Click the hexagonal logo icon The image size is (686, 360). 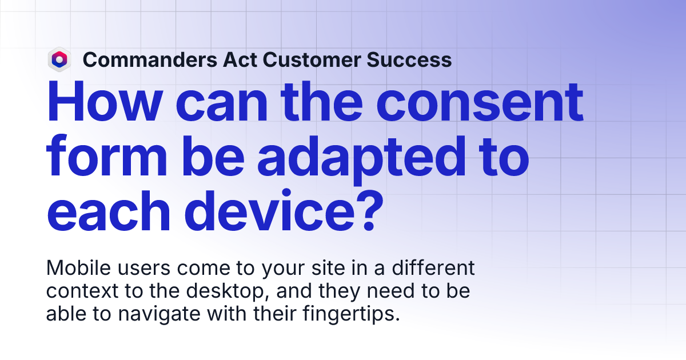[59, 59]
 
